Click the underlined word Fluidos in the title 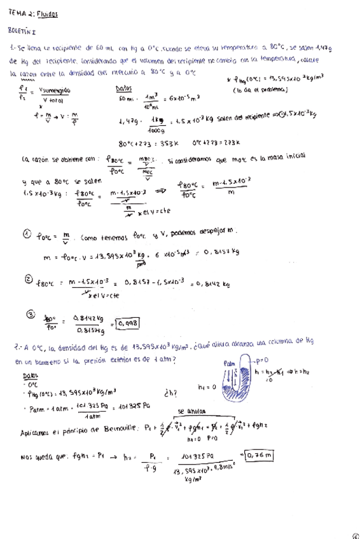coord(47,13)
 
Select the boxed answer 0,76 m coord(260,455)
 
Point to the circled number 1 coord(27,235)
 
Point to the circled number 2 coord(28,279)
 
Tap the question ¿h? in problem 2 coord(170,392)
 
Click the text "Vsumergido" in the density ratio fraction coord(55,90)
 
